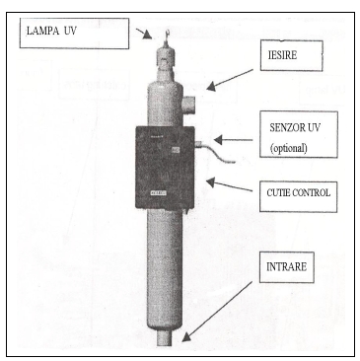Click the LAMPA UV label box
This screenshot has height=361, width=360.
[x=74, y=34]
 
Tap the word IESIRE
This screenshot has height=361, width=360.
[x=282, y=55]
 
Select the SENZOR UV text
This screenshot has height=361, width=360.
[x=295, y=127]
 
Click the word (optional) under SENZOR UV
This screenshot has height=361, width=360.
[x=289, y=148]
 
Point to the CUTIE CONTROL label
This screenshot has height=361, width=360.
[x=298, y=192]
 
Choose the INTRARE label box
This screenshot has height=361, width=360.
[x=287, y=267]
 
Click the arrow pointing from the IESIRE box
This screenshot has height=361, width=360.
[x=230, y=79]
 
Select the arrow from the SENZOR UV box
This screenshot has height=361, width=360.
[x=233, y=140]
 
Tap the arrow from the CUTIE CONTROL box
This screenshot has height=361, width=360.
[x=229, y=184]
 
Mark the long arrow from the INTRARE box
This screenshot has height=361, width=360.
[x=217, y=311]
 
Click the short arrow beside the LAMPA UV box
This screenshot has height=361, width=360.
[x=144, y=34]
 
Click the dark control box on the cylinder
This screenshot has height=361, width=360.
[x=165, y=168]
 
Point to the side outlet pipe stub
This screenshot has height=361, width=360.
[x=188, y=105]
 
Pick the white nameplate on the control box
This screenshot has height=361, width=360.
[x=159, y=193]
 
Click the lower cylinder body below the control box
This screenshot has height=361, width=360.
[x=165, y=269]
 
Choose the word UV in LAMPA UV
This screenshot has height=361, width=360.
[x=69, y=32]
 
